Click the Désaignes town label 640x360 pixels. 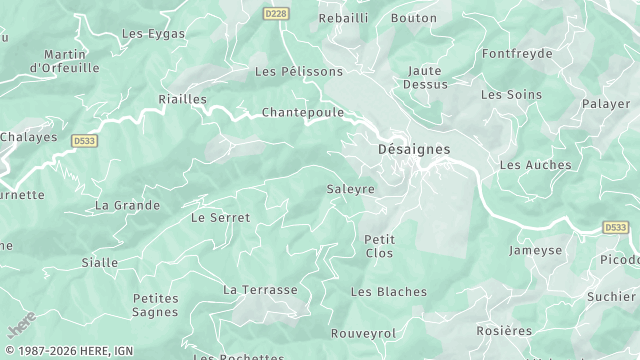coord(414,149)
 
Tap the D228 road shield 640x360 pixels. coord(275,13)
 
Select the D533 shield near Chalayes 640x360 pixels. coord(85,142)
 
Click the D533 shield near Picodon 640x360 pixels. coord(616,228)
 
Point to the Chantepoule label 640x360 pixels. coord(302,113)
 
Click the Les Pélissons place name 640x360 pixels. coord(299,72)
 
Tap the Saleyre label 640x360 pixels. coord(351,189)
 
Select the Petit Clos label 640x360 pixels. coord(380,246)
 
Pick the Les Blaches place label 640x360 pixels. coord(389,292)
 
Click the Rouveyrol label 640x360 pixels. coord(364,333)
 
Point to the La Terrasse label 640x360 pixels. coord(260,290)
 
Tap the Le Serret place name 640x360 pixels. coord(221,217)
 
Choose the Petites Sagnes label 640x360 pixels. coord(155,305)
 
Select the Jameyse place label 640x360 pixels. coord(536,250)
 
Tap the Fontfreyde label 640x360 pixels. coord(517,53)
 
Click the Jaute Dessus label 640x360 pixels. coord(425,77)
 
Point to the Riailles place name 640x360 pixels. coord(183,99)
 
